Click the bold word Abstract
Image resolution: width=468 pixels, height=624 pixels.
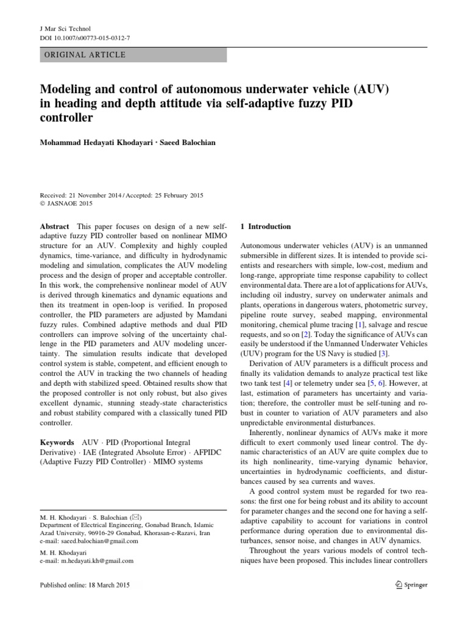[54, 227]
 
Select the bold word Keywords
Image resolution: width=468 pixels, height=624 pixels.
[57, 442]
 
